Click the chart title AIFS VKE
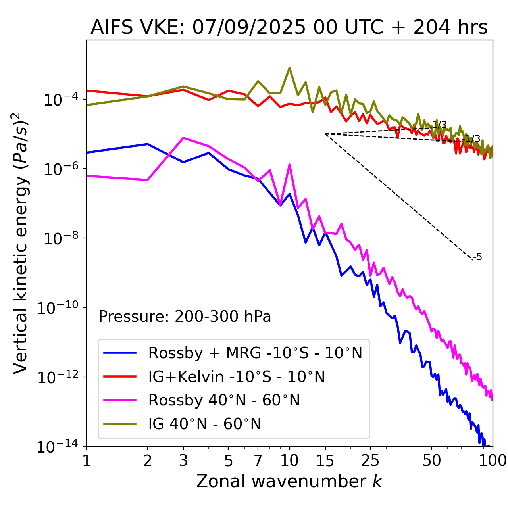(289, 28)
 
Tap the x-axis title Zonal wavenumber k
(289, 481)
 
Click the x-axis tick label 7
(258, 461)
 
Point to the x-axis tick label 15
(325, 461)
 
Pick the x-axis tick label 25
(370, 461)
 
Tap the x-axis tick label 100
(493, 461)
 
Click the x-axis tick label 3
(183, 461)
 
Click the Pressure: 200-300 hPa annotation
(185, 317)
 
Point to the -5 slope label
(478, 257)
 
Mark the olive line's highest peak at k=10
(290, 68)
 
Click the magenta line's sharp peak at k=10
(290, 165)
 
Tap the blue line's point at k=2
(148, 144)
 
